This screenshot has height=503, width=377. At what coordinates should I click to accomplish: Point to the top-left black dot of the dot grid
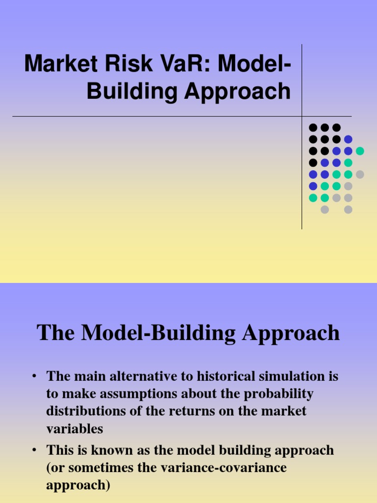point(313,127)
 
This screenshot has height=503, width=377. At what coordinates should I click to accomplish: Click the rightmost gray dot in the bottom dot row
point(348,210)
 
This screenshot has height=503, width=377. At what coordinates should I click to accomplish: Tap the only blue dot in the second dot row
point(348,139)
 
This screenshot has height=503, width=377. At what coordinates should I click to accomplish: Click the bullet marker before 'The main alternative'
point(34,377)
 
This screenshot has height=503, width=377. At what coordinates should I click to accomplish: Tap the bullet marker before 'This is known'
point(34,450)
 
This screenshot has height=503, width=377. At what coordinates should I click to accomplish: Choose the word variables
point(75,428)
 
